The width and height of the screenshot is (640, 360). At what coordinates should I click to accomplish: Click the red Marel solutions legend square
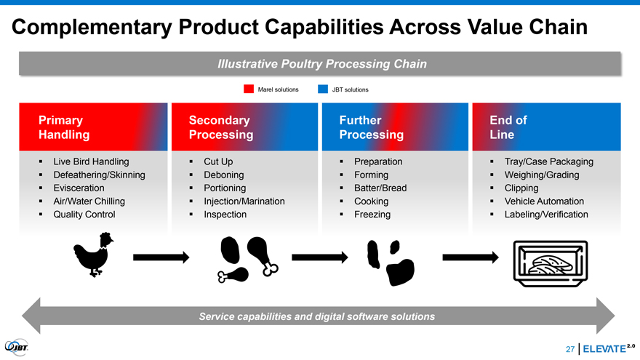point(249,89)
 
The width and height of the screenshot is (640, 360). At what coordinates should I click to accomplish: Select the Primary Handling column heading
point(65,127)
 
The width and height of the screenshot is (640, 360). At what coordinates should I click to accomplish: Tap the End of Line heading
point(508,127)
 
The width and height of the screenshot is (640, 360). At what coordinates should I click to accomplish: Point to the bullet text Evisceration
point(79,188)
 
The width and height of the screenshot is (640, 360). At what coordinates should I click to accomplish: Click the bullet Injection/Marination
point(244,201)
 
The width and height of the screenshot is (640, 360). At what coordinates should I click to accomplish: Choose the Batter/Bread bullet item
point(380,188)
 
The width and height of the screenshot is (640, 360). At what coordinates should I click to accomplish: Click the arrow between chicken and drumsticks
point(161,256)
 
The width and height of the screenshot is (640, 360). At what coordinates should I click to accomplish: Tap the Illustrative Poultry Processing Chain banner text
point(321,64)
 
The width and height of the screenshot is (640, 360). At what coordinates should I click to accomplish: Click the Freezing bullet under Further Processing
point(372,215)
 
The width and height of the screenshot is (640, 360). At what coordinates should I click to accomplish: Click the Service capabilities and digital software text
point(317,316)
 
